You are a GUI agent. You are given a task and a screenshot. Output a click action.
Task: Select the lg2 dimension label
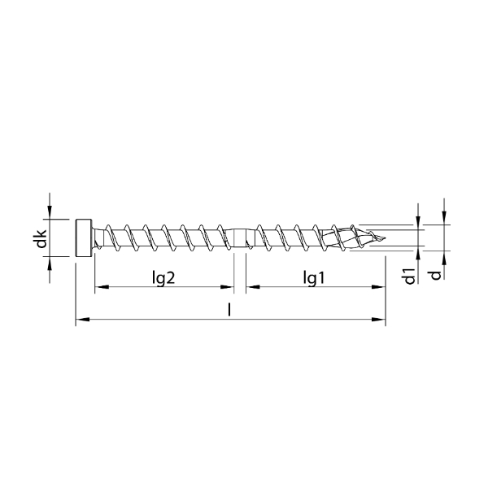click(x=164, y=278)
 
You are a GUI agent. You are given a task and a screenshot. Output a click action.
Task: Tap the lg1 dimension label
click(x=314, y=278)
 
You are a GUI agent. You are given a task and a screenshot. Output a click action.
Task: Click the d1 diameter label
click(x=411, y=275)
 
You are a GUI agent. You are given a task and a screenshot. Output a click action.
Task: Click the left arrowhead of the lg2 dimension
click(x=99, y=288)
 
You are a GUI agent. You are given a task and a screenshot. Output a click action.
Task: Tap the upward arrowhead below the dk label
click(x=50, y=263)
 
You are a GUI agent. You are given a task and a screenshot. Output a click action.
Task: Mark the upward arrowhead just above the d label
click(x=444, y=257)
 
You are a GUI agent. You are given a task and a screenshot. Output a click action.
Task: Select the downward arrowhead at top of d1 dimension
click(x=418, y=220)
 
